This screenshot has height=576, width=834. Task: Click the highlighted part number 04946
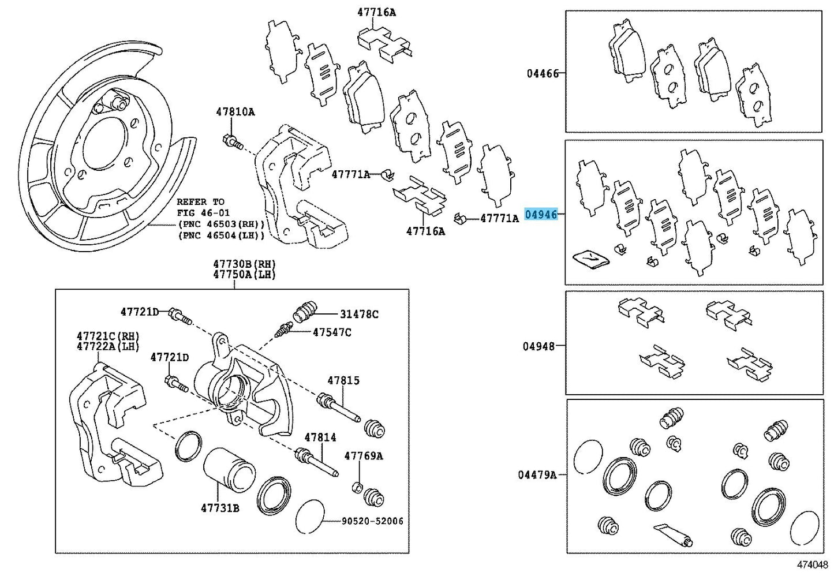coord(541,215)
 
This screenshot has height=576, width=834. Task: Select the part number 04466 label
coord(542,73)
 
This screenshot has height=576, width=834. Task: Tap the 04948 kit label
coord(538,346)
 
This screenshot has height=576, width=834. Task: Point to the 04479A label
coord(537,475)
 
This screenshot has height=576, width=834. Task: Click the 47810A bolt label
coord(235,112)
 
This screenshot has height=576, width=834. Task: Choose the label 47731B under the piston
coord(220,508)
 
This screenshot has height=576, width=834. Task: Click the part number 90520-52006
coord(372,521)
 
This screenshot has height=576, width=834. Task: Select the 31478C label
coord(359,315)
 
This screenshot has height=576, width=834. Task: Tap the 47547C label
coord(332,332)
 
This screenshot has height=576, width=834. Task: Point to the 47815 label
coord(343,380)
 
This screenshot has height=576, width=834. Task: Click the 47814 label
coord(320,437)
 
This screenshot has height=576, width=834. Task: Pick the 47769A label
coord(364,456)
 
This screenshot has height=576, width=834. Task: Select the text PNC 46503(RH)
coord(221,224)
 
